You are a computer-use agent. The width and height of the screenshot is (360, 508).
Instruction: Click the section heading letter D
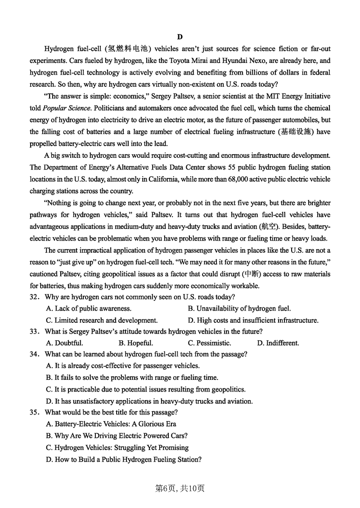[180, 37]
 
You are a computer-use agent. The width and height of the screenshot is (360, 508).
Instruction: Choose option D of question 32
[253, 321]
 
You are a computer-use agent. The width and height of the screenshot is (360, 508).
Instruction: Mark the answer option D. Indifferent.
[278, 343]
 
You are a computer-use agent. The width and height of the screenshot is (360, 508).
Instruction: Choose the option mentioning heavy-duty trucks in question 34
[149, 401]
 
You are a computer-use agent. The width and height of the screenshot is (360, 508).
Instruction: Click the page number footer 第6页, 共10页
[180, 488]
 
